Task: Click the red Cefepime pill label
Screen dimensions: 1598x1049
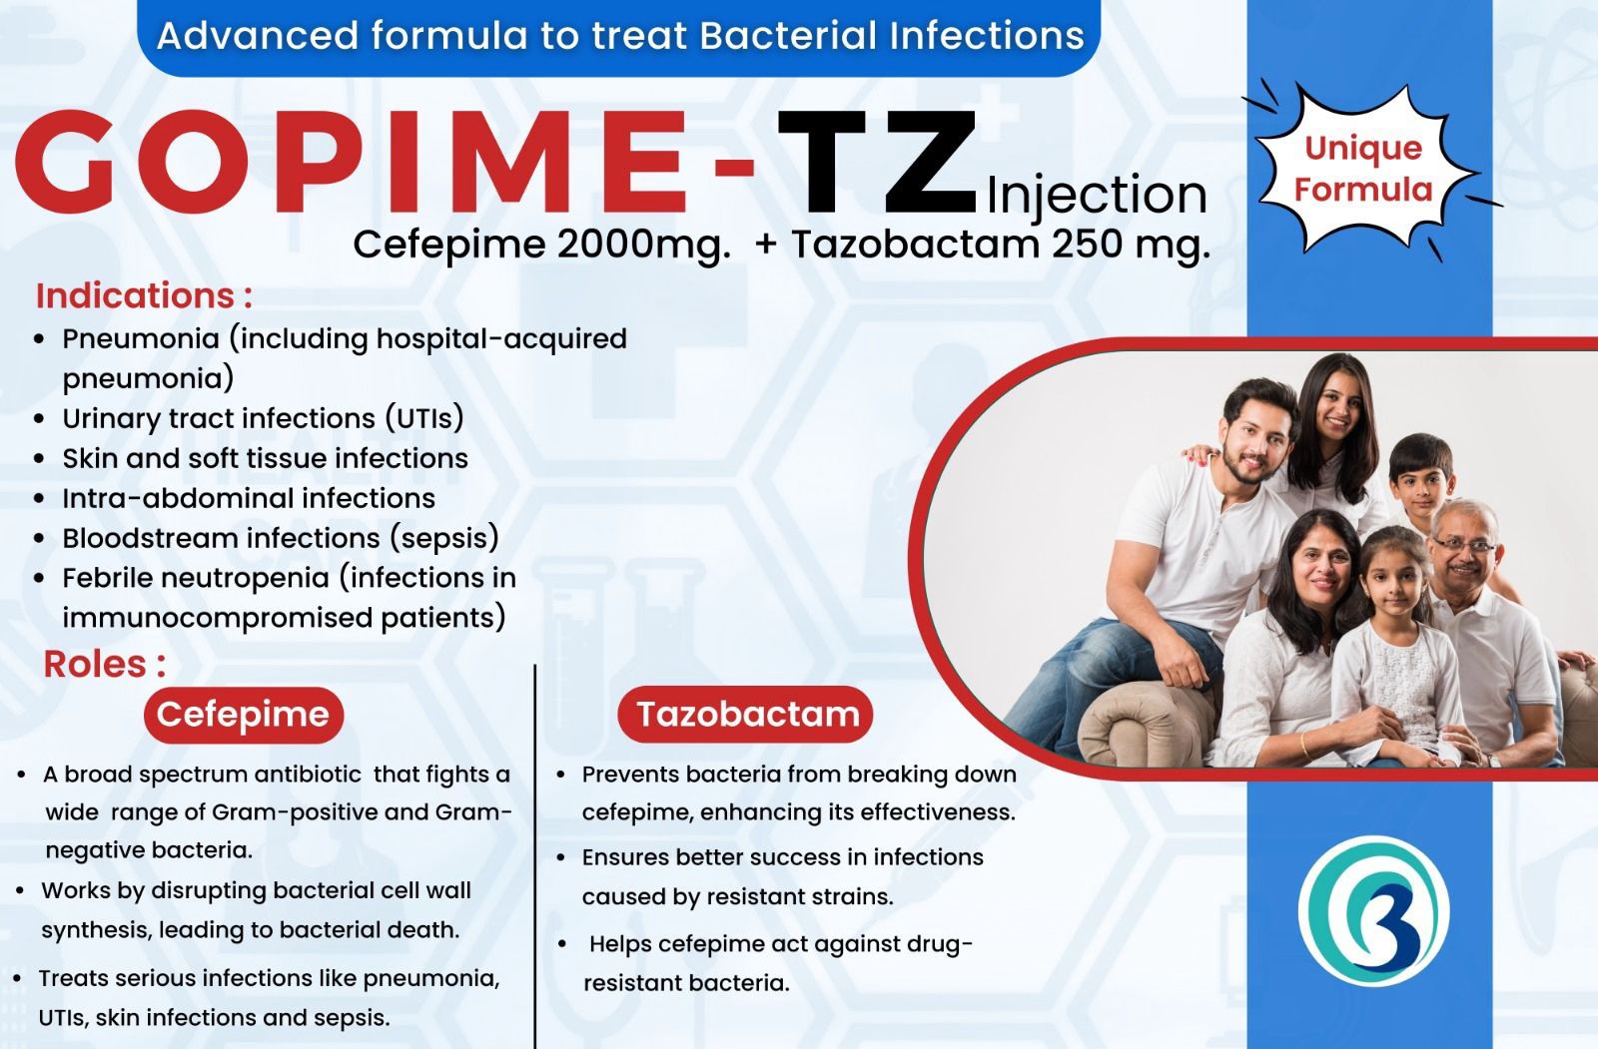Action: coord(244,715)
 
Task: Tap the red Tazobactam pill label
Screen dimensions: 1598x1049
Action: coord(745,715)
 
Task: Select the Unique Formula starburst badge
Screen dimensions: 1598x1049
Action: coord(1363,170)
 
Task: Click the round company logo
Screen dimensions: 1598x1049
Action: coord(1373,910)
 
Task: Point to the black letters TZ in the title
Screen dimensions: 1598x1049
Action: coord(878,163)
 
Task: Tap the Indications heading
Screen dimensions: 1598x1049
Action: coord(144,295)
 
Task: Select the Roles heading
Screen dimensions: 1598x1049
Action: coord(105,664)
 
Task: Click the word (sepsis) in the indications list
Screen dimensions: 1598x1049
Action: coord(443,538)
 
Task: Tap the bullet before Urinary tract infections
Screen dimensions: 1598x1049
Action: coord(39,419)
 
